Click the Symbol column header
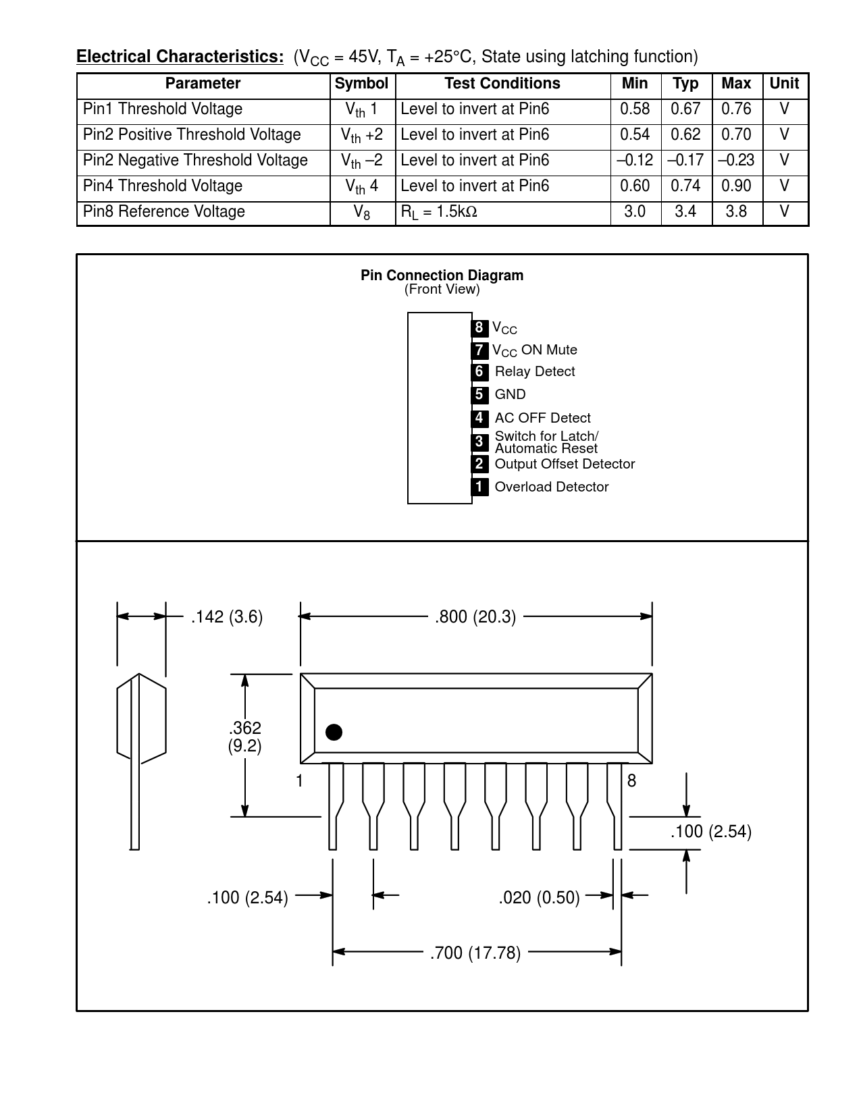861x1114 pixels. pyautogui.click(x=361, y=84)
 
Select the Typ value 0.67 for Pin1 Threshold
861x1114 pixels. pyautogui.click(x=685, y=109)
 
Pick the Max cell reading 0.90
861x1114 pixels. pyautogui.click(x=736, y=186)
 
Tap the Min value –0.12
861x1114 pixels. pyautogui.click(x=635, y=160)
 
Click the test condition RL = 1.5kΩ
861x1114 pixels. pyautogui.click(x=439, y=212)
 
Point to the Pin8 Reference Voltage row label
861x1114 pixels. pyautogui.click(x=164, y=211)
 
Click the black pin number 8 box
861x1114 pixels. pyautogui.click(x=479, y=327)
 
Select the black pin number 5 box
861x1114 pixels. pyautogui.click(x=479, y=394)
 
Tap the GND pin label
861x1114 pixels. pyautogui.click(x=511, y=394)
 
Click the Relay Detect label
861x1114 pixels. pyautogui.click(x=535, y=371)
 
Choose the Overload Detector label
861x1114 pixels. pyautogui.click(x=552, y=487)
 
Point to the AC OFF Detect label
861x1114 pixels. pyautogui.click(x=542, y=418)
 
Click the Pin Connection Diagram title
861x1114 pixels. pyautogui.click(x=442, y=275)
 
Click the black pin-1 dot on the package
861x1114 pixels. pyautogui.click(x=334, y=732)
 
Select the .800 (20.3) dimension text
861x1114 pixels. pyautogui.click(x=475, y=616)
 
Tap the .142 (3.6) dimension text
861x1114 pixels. pyautogui.click(x=227, y=616)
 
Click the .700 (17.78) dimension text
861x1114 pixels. pyautogui.click(x=475, y=953)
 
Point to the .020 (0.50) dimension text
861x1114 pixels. pyautogui.click(x=539, y=897)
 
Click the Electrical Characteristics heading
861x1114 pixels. pyautogui.click(x=180, y=57)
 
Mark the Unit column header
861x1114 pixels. pyautogui.click(x=785, y=84)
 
